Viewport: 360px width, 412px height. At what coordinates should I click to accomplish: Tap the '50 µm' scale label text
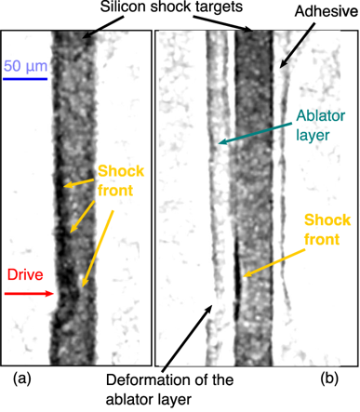(24, 66)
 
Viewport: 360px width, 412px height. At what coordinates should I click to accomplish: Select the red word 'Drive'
(24, 275)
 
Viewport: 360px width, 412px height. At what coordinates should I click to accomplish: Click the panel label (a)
(20, 379)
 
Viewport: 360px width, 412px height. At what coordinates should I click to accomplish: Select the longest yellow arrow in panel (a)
(98, 246)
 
